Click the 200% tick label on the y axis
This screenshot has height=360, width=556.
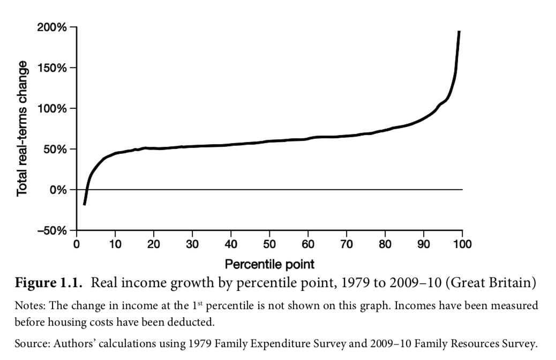[52, 27]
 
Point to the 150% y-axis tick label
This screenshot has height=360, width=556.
[52, 68]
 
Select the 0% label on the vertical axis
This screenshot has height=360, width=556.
[59, 190]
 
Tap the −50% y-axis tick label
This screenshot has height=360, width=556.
[52, 230]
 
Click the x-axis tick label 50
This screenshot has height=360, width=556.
[269, 244]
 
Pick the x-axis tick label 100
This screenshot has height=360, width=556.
[462, 244]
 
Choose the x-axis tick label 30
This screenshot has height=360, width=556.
[192, 244]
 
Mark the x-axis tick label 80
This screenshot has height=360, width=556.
[385, 244]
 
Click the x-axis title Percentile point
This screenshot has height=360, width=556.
[269, 264]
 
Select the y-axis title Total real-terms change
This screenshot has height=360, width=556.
[22, 128]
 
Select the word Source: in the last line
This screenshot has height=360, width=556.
[30, 343]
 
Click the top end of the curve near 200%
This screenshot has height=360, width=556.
[459, 32]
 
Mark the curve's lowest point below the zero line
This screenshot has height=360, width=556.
[84, 204]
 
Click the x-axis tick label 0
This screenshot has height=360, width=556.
[77, 244]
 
